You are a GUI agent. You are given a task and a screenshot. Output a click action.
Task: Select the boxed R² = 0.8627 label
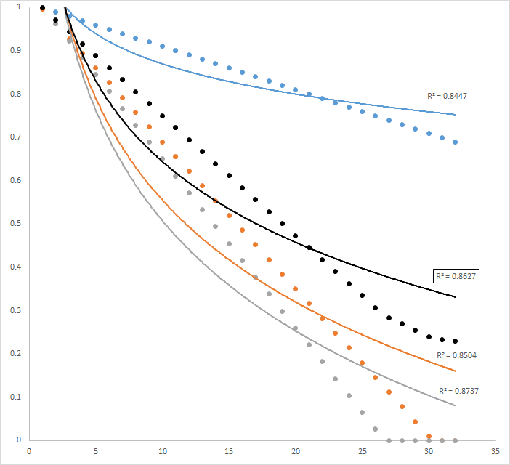click(x=455, y=276)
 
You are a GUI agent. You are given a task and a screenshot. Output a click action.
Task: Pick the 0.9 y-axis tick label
click(x=15, y=51)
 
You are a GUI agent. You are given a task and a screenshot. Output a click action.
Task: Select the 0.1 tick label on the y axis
click(x=15, y=397)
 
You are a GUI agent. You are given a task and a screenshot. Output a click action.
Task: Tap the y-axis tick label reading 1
click(x=19, y=7)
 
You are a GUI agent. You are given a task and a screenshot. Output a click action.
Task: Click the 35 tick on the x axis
click(x=495, y=451)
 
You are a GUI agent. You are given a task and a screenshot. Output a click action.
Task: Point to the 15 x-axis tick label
click(x=229, y=451)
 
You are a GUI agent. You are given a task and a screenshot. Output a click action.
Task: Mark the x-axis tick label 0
click(x=29, y=451)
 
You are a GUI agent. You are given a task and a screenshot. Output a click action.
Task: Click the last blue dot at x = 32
click(x=456, y=142)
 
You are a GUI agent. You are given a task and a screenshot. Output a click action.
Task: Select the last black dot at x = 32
click(x=456, y=341)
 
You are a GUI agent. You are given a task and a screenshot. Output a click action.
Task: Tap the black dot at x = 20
click(x=296, y=235)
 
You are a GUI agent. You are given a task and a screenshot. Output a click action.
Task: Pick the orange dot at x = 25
click(x=363, y=363)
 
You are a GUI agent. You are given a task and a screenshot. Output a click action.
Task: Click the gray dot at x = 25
click(x=363, y=413)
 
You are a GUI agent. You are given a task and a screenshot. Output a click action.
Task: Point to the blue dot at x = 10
click(x=162, y=46)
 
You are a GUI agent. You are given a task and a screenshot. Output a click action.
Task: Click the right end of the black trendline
click(x=456, y=297)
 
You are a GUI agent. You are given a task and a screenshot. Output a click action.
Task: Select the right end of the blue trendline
click(x=456, y=115)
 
